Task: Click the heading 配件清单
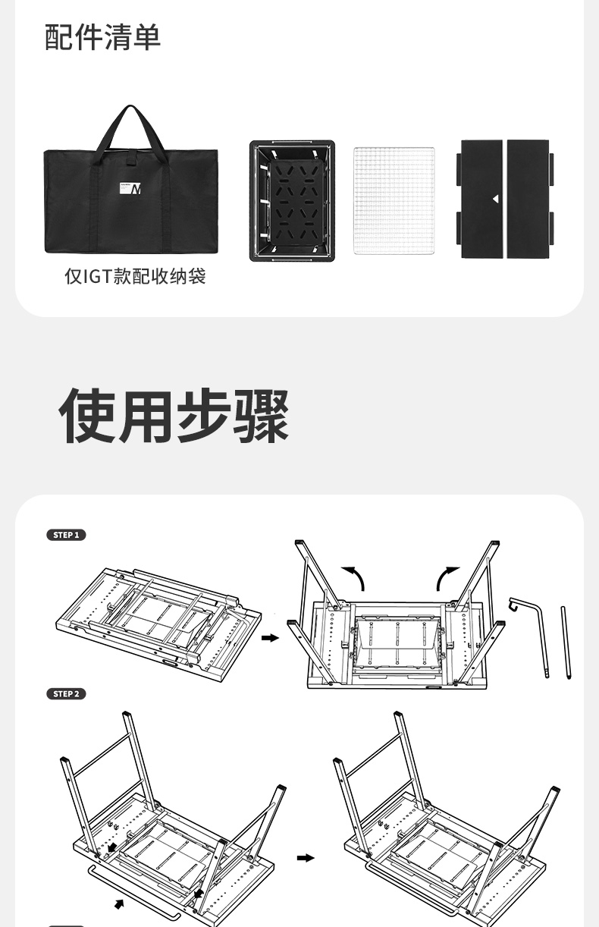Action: point(103,37)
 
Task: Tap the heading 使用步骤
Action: point(174,416)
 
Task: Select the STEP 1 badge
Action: point(67,536)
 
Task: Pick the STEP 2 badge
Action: point(67,694)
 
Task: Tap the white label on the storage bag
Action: point(130,187)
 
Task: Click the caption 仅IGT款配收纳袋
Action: point(135,276)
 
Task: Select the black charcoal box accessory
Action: point(293,200)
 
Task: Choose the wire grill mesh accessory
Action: point(394,200)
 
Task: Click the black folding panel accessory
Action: point(505,199)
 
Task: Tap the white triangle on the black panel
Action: point(494,199)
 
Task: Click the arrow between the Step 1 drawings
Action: point(270,639)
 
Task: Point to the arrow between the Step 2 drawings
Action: point(306,858)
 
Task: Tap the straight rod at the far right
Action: point(566,641)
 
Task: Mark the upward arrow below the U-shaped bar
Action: point(119,903)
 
